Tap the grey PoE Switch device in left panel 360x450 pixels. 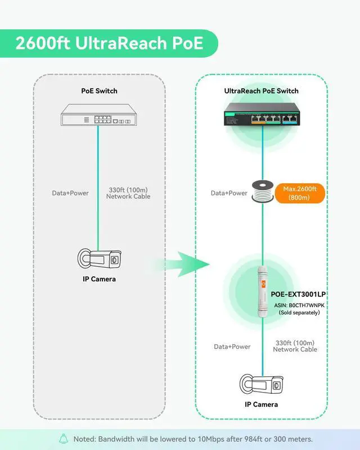pos(98,117)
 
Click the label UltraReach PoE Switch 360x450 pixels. pos(262,91)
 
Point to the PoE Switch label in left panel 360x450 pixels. pos(98,91)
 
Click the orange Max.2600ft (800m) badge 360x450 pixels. pos(300,193)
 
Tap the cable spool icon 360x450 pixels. pos(262,193)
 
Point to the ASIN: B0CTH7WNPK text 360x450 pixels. pos(299,305)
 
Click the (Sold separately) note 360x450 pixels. pos(299,313)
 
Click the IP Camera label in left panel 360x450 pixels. pos(98,279)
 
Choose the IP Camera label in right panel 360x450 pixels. pos(262,404)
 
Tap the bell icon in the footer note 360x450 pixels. pos(64,439)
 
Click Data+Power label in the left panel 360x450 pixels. pos(70,193)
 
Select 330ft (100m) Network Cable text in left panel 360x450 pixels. pos(129,193)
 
